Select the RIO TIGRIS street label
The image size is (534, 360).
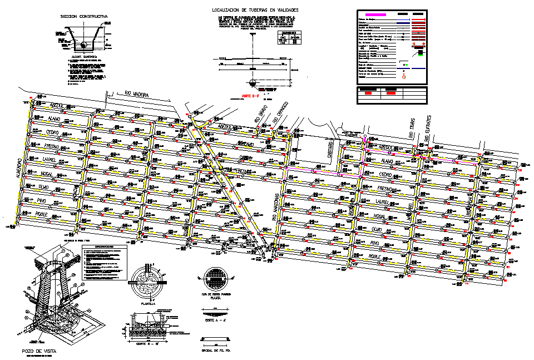411,128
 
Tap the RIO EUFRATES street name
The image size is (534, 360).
429,127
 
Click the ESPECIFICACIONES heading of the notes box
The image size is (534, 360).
105,247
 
